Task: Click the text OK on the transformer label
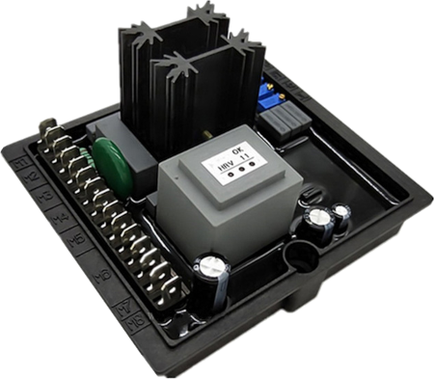click(x=231, y=163)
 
